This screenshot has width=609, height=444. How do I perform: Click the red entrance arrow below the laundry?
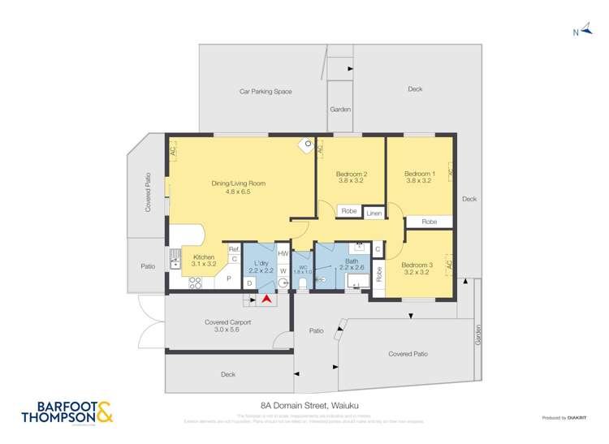click(266, 300)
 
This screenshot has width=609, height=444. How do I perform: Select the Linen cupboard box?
click(374, 213)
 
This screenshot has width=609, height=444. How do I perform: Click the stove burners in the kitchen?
click(195, 283)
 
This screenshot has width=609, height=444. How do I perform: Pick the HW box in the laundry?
click(283, 253)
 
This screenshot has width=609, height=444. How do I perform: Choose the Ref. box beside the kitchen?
click(234, 248)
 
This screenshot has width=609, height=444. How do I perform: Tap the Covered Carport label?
click(227, 326)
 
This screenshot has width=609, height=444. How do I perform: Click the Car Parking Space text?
click(265, 92)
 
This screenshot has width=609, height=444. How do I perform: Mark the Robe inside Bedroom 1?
click(429, 221)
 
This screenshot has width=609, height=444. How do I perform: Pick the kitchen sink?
click(175, 258)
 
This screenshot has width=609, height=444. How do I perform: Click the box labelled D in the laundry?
click(249, 282)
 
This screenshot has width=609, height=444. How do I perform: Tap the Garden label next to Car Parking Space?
click(339, 109)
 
